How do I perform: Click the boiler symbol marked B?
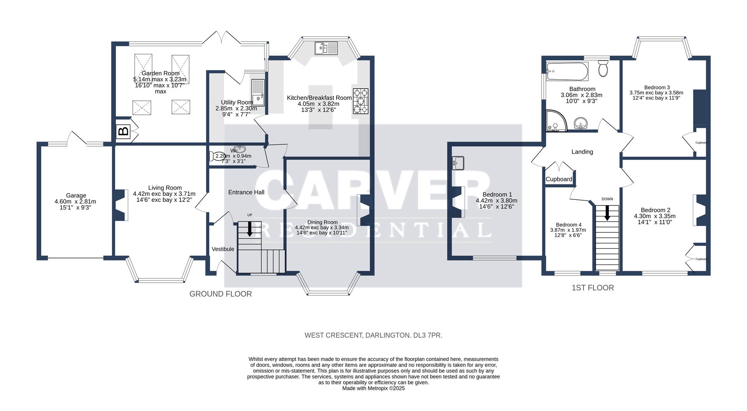(123, 131)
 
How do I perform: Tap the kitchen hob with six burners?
(361, 101)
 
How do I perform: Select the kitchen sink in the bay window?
(326, 48)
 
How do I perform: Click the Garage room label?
(76, 196)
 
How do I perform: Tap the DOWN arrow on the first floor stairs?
(607, 212)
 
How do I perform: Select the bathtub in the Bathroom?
(566, 71)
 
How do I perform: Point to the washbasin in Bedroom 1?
(458, 163)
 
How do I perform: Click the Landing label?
(582, 152)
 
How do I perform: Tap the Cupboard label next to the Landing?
(559, 179)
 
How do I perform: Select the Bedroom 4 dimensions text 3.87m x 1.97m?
(568, 230)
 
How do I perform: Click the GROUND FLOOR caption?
(221, 294)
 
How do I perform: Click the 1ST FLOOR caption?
(593, 288)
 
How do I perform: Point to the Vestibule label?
(223, 249)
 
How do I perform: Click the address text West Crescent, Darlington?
(373, 335)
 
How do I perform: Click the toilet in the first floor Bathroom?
(603, 69)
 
